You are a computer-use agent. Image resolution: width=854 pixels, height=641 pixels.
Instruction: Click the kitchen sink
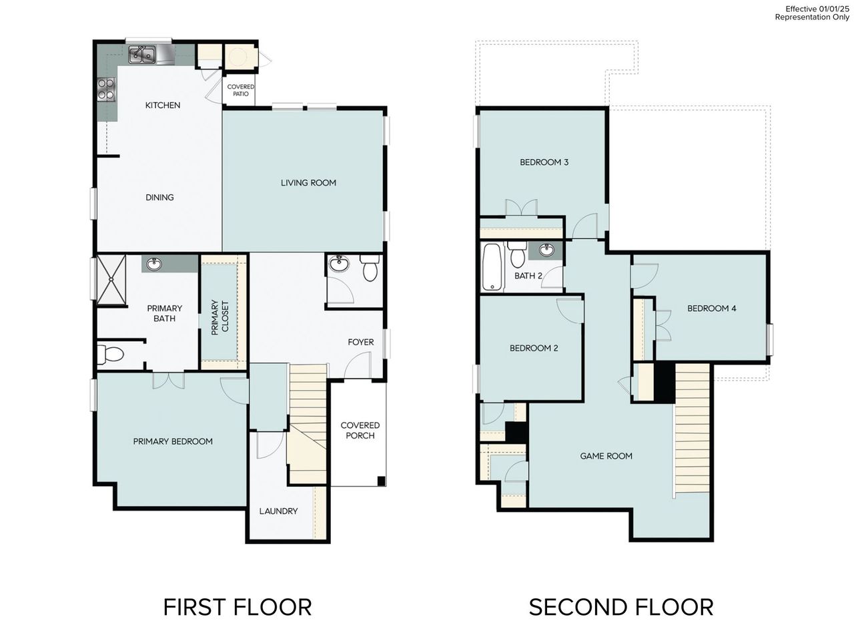tap(142, 54)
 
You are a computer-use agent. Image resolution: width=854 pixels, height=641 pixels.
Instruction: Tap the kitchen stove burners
tap(106, 89)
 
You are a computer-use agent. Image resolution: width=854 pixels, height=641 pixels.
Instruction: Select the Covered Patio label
tap(241, 90)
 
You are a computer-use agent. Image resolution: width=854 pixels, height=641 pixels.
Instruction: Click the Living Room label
tap(308, 182)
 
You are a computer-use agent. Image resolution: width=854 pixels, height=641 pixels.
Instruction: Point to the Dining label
tap(159, 197)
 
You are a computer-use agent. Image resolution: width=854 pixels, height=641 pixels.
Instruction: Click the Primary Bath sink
tap(154, 264)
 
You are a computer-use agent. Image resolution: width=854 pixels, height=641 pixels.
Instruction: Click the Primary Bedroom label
tap(173, 441)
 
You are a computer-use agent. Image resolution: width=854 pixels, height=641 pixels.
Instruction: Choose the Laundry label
tap(278, 511)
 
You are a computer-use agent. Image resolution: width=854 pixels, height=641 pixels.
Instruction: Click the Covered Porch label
tap(360, 430)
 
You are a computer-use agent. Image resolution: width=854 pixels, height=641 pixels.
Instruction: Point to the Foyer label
tap(360, 342)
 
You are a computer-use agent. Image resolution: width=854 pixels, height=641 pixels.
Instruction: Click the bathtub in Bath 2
tap(492, 267)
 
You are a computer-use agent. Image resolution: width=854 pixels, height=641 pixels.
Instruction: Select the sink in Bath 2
tap(546, 250)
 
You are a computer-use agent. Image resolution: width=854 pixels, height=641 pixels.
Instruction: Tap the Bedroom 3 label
tap(544, 162)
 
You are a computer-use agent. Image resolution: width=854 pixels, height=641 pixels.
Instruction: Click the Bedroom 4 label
tap(711, 308)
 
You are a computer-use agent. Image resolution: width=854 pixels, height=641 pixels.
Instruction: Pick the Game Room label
tap(606, 456)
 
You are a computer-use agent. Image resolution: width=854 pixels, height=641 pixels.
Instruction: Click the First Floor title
tap(237, 607)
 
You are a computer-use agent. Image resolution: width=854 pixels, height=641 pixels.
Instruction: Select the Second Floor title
tap(620, 607)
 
